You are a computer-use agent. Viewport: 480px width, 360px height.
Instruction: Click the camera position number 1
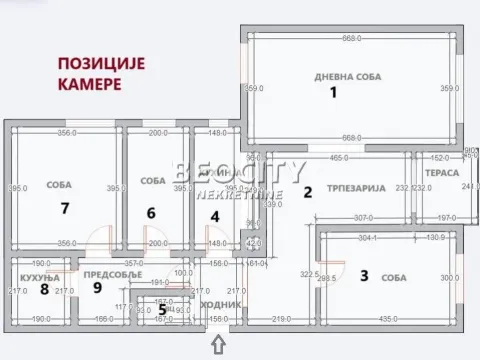(336, 93)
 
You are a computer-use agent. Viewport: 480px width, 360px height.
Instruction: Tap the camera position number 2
(308, 193)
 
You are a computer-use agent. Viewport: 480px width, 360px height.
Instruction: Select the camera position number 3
(365, 276)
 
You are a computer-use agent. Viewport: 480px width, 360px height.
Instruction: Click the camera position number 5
(163, 309)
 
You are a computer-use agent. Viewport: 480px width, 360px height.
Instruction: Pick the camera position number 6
(152, 212)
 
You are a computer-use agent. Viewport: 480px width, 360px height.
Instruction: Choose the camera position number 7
(64, 208)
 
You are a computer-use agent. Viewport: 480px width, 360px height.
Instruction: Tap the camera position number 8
(44, 289)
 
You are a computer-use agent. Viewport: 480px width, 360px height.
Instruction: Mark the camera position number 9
(98, 288)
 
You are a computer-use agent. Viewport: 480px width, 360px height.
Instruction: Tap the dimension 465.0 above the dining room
(338, 157)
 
